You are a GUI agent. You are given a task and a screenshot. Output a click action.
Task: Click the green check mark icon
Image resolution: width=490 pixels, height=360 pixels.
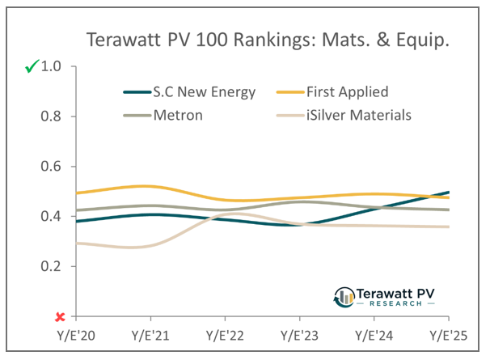32,68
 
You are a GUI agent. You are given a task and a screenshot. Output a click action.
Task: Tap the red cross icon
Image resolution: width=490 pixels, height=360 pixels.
59,316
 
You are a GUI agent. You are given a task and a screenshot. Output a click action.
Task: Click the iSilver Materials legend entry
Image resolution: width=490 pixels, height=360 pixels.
361,116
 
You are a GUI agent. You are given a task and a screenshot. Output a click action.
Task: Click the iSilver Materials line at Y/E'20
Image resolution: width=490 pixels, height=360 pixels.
76,243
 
